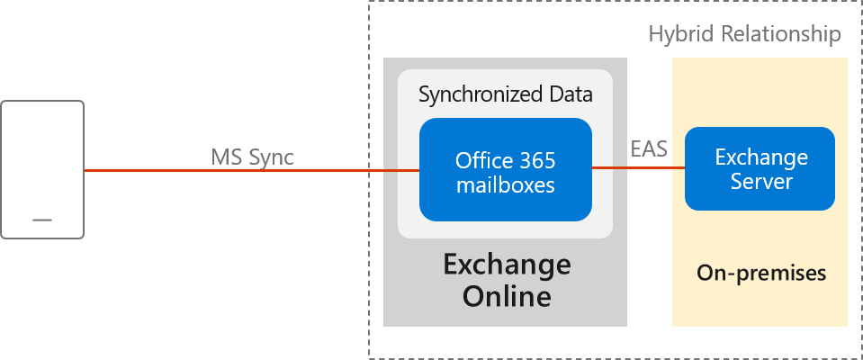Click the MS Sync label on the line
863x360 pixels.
tap(252, 157)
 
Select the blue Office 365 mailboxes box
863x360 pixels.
tap(505, 170)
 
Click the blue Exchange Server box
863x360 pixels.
tap(760, 168)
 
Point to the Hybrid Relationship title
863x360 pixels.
tap(744, 35)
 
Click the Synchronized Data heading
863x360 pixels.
tap(505, 94)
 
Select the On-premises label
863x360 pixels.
tap(761, 273)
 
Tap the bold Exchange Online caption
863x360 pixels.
tap(506, 280)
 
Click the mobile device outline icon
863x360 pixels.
tap(42, 169)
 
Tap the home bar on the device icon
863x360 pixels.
tap(42, 220)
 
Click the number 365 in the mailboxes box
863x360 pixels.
tap(536, 161)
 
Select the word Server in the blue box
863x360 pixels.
tap(761, 181)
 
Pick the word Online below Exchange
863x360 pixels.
tap(507, 295)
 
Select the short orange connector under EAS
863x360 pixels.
tap(638, 168)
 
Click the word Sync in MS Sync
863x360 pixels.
tap(273, 157)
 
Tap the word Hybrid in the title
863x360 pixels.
tap(677, 35)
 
